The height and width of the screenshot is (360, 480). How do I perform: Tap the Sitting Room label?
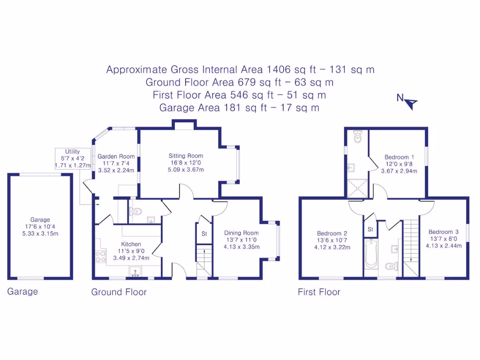(x=186, y=156)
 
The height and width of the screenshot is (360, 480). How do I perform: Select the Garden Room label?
(x=116, y=157)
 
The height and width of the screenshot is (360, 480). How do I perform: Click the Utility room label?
(x=73, y=152)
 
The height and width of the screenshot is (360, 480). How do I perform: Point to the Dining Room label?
(x=241, y=233)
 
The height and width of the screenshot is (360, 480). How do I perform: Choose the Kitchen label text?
(x=131, y=244)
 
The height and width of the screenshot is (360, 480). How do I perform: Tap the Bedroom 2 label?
(x=332, y=233)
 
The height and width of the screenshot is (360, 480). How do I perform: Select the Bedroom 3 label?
(x=443, y=232)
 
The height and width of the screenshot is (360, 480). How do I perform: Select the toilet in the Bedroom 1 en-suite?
(x=358, y=137)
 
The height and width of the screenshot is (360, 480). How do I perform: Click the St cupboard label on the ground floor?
(x=204, y=233)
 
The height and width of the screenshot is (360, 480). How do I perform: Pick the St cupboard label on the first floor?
(x=370, y=229)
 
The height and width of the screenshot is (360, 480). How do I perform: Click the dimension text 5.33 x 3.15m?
(x=40, y=233)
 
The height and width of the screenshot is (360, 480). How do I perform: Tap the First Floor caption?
(x=319, y=292)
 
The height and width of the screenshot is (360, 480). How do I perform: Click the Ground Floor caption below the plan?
(x=119, y=292)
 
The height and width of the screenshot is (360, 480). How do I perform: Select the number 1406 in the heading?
(x=278, y=70)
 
